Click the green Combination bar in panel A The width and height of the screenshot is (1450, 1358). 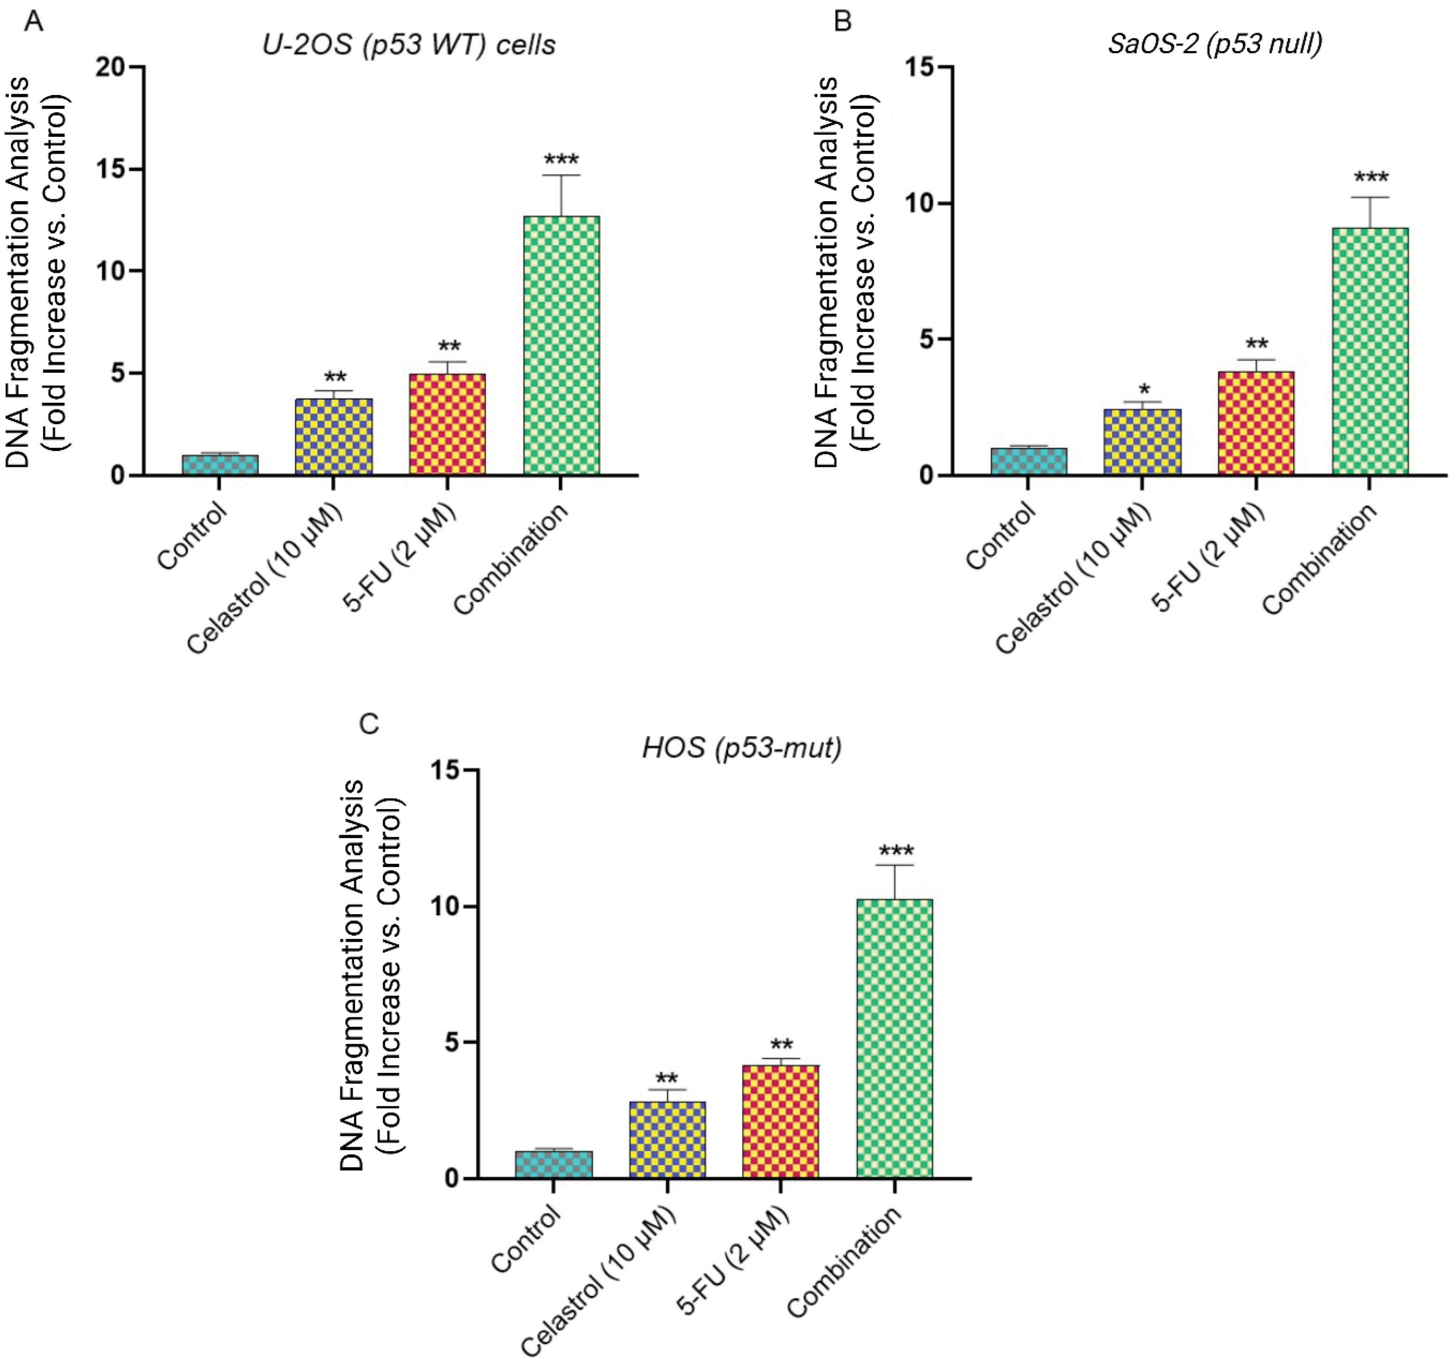coord(562,346)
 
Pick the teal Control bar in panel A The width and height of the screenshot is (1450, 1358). coord(220,465)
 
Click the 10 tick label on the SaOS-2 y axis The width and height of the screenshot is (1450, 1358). coord(921,204)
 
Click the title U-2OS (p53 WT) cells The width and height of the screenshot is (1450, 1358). coord(409,45)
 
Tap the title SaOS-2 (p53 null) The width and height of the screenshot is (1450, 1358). coord(1215,44)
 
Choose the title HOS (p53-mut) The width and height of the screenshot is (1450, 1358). coord(742,747)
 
